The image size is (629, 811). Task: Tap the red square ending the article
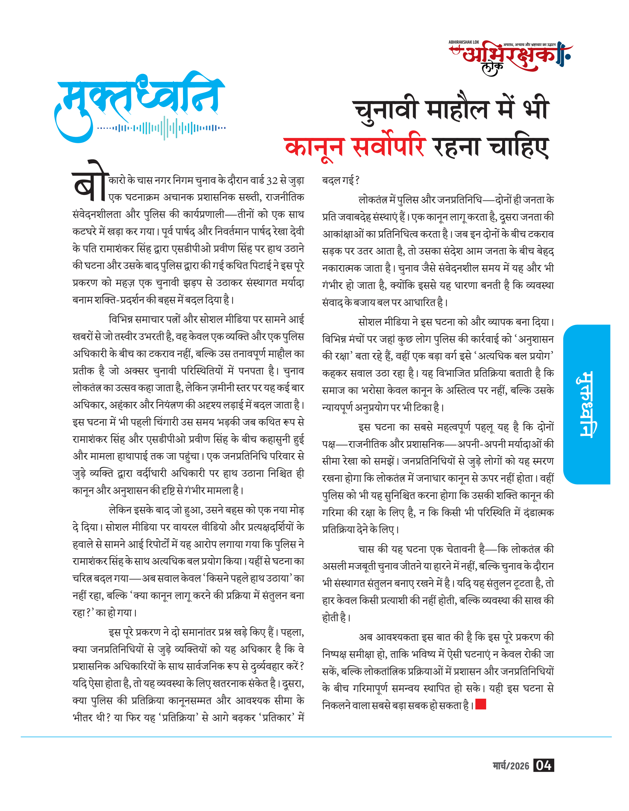coord(481,704)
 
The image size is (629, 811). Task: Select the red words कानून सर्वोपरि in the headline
coord(355,147)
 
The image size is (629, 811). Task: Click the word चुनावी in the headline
coord(386,110)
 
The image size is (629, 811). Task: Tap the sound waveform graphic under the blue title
coord(161,128)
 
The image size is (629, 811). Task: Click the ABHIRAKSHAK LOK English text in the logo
coord(463,42)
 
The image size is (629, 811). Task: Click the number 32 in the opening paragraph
coord(272,180)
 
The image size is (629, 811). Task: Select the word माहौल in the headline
coord(457,110)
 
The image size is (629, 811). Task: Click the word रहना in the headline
coord(456,147)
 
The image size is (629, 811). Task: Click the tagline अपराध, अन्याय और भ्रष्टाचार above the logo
coord(529,45)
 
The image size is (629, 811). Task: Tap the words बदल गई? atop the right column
coord(340,180)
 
